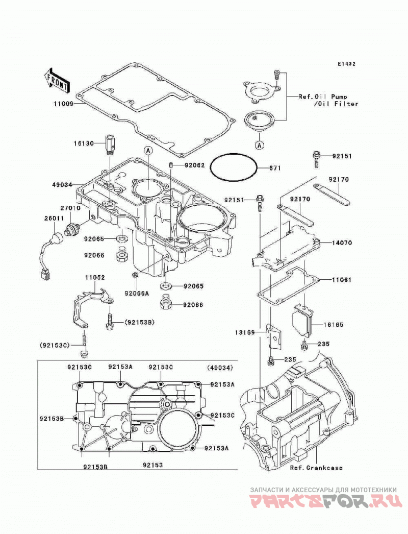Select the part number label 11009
click(x=63, y=104)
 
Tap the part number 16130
click(x=83, y=144)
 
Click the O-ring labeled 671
click(x=234, y=167)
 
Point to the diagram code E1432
click(x=347, y=64)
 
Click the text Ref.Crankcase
click(x=316, y=468)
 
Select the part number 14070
click(x=342, y=243)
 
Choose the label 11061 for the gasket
click(x=342, y=280)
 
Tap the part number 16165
click(x=333, y=325)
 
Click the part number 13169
click(x=245, y=332)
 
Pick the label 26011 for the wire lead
click(x=53, y=219)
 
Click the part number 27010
click(x=70, y=208)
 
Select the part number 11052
click(x=95, y=278)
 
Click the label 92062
click(x=195, y=165)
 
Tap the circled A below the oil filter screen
click(x=259, y=145)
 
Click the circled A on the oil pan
click(x=148, y=150)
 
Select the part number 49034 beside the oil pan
click(x=62, y=185)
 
